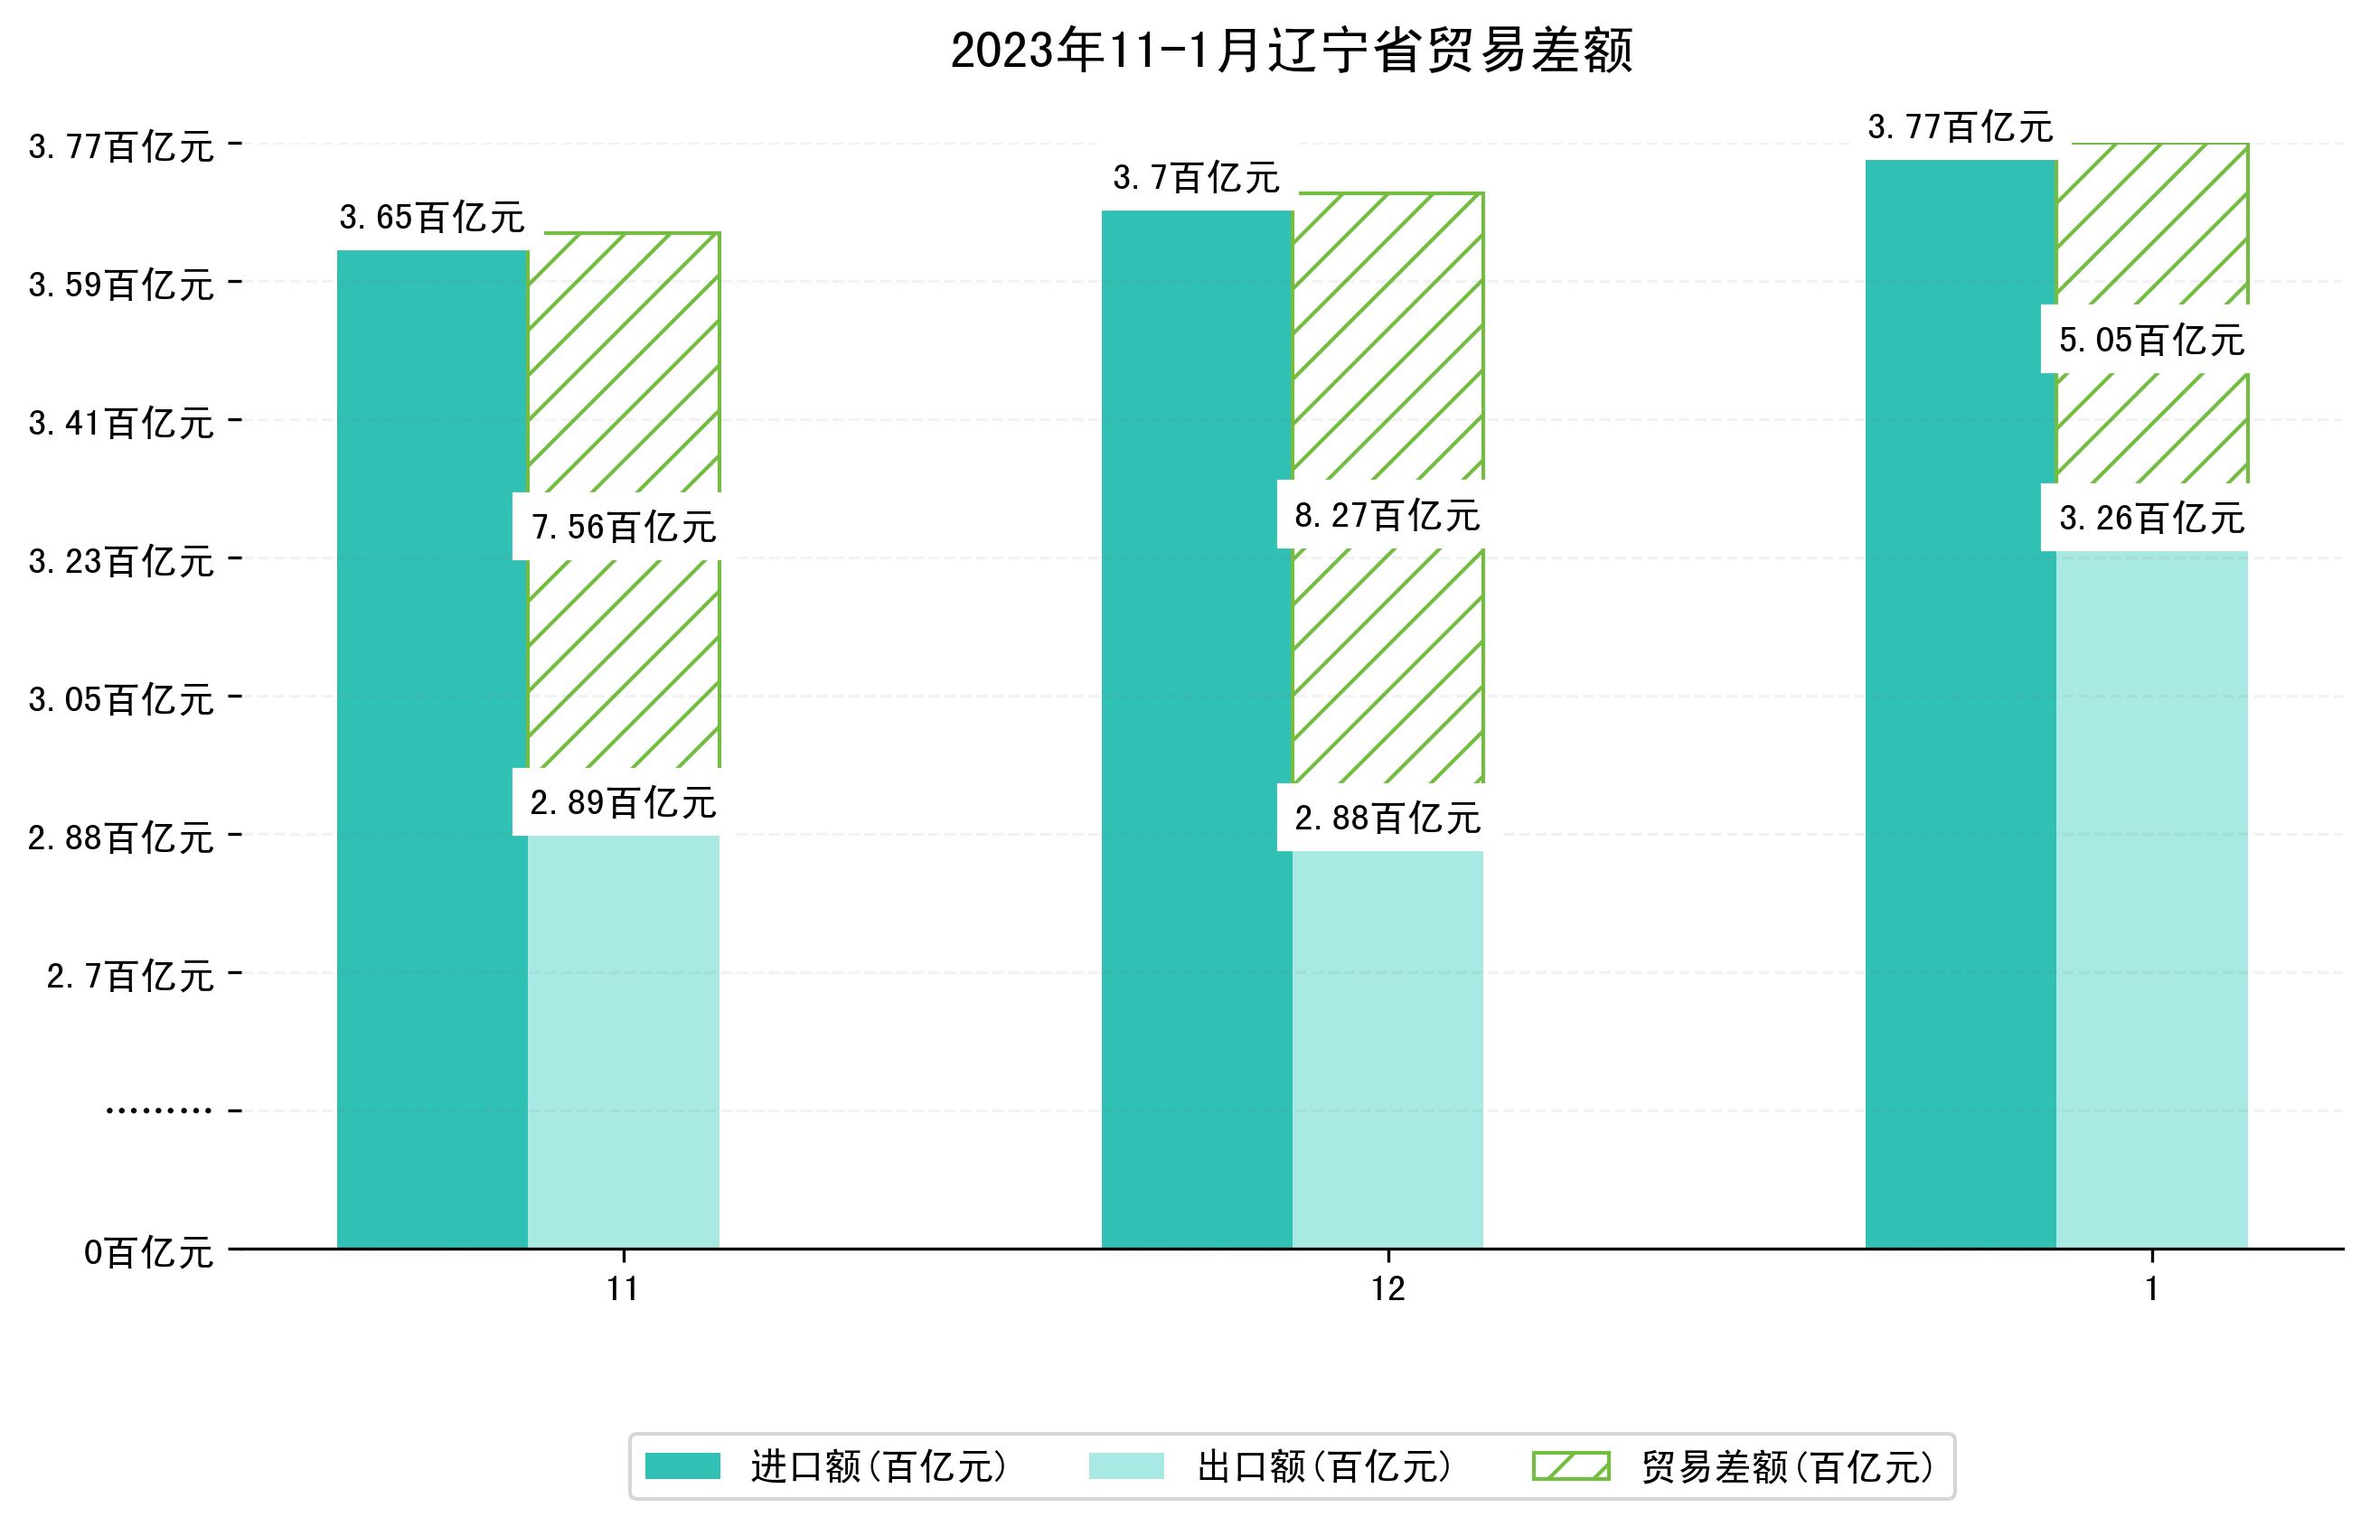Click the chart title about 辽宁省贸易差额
[1291, 51]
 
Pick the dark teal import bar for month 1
[1960, 704]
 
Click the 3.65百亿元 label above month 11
[432, 218]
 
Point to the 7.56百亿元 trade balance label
[624, 527]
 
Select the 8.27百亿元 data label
[1387, 516]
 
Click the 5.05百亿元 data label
[2151, 341]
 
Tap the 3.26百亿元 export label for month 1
[2151, 519]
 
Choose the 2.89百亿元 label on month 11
[624, 802]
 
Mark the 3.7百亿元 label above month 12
[1197, 178]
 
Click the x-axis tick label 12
[1387, 1289]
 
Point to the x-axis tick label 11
[624, 1289]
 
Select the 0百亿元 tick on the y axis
[148, 1253]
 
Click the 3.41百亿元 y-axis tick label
[121, 424]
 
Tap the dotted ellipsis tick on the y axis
[158, 1110]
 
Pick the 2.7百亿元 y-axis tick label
[130, 977]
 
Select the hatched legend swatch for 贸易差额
[1570, 1466]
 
